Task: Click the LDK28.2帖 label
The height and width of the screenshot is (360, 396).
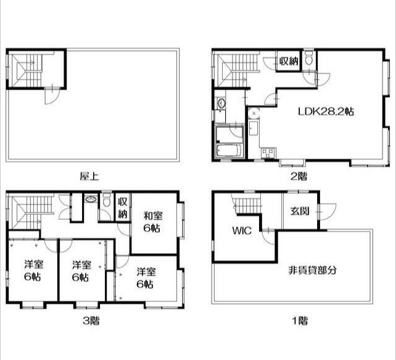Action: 326,111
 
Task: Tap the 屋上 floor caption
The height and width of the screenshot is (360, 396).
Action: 89,176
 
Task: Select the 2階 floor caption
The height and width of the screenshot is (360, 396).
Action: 299,176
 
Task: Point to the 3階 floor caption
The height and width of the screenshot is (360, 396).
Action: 91,321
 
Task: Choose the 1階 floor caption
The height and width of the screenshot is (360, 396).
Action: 300,321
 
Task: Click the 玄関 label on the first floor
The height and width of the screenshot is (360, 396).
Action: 300,211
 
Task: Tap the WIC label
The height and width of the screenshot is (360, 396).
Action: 242,230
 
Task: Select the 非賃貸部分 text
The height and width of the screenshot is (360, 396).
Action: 312,270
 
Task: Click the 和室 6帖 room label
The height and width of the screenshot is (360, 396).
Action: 153,222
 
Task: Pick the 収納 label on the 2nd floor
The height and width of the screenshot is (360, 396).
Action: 289,61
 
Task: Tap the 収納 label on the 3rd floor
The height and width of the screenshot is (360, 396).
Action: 123,208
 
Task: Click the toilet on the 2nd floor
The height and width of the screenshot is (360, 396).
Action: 308,58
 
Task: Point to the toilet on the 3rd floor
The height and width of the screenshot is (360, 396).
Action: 107,199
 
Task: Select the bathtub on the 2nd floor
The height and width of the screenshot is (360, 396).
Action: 230,151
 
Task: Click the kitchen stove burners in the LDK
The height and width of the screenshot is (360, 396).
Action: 268,153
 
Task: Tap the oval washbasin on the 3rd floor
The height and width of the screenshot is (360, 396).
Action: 91,199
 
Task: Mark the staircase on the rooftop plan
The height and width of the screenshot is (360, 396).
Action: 26,70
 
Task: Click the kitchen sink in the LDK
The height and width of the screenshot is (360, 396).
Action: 253,128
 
